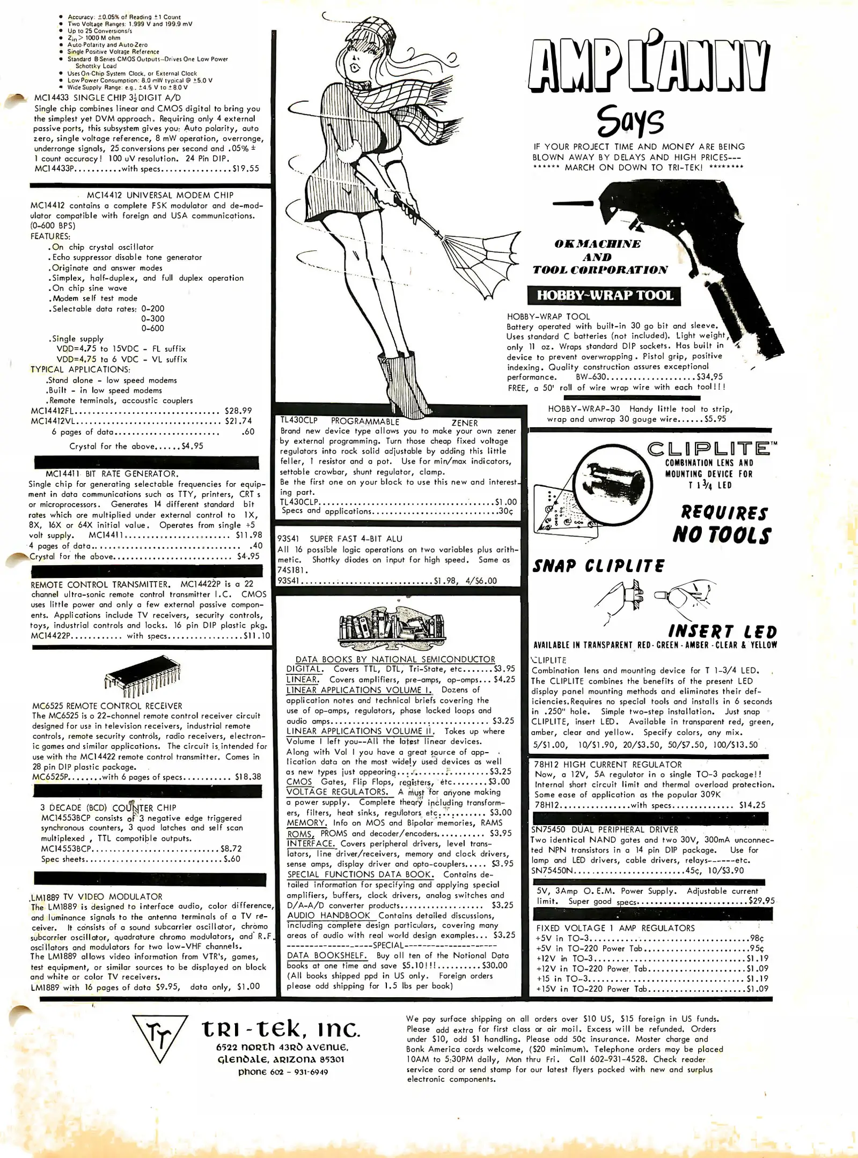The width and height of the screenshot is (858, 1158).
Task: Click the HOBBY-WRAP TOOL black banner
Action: point(605,295)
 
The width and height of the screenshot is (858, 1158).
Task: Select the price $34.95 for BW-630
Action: point(709,377)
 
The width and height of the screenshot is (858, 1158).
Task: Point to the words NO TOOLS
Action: point(721,535)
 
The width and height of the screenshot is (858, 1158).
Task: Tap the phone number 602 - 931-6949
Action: point(283,1072)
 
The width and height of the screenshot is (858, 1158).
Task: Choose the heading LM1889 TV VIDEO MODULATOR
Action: point(97,896)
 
